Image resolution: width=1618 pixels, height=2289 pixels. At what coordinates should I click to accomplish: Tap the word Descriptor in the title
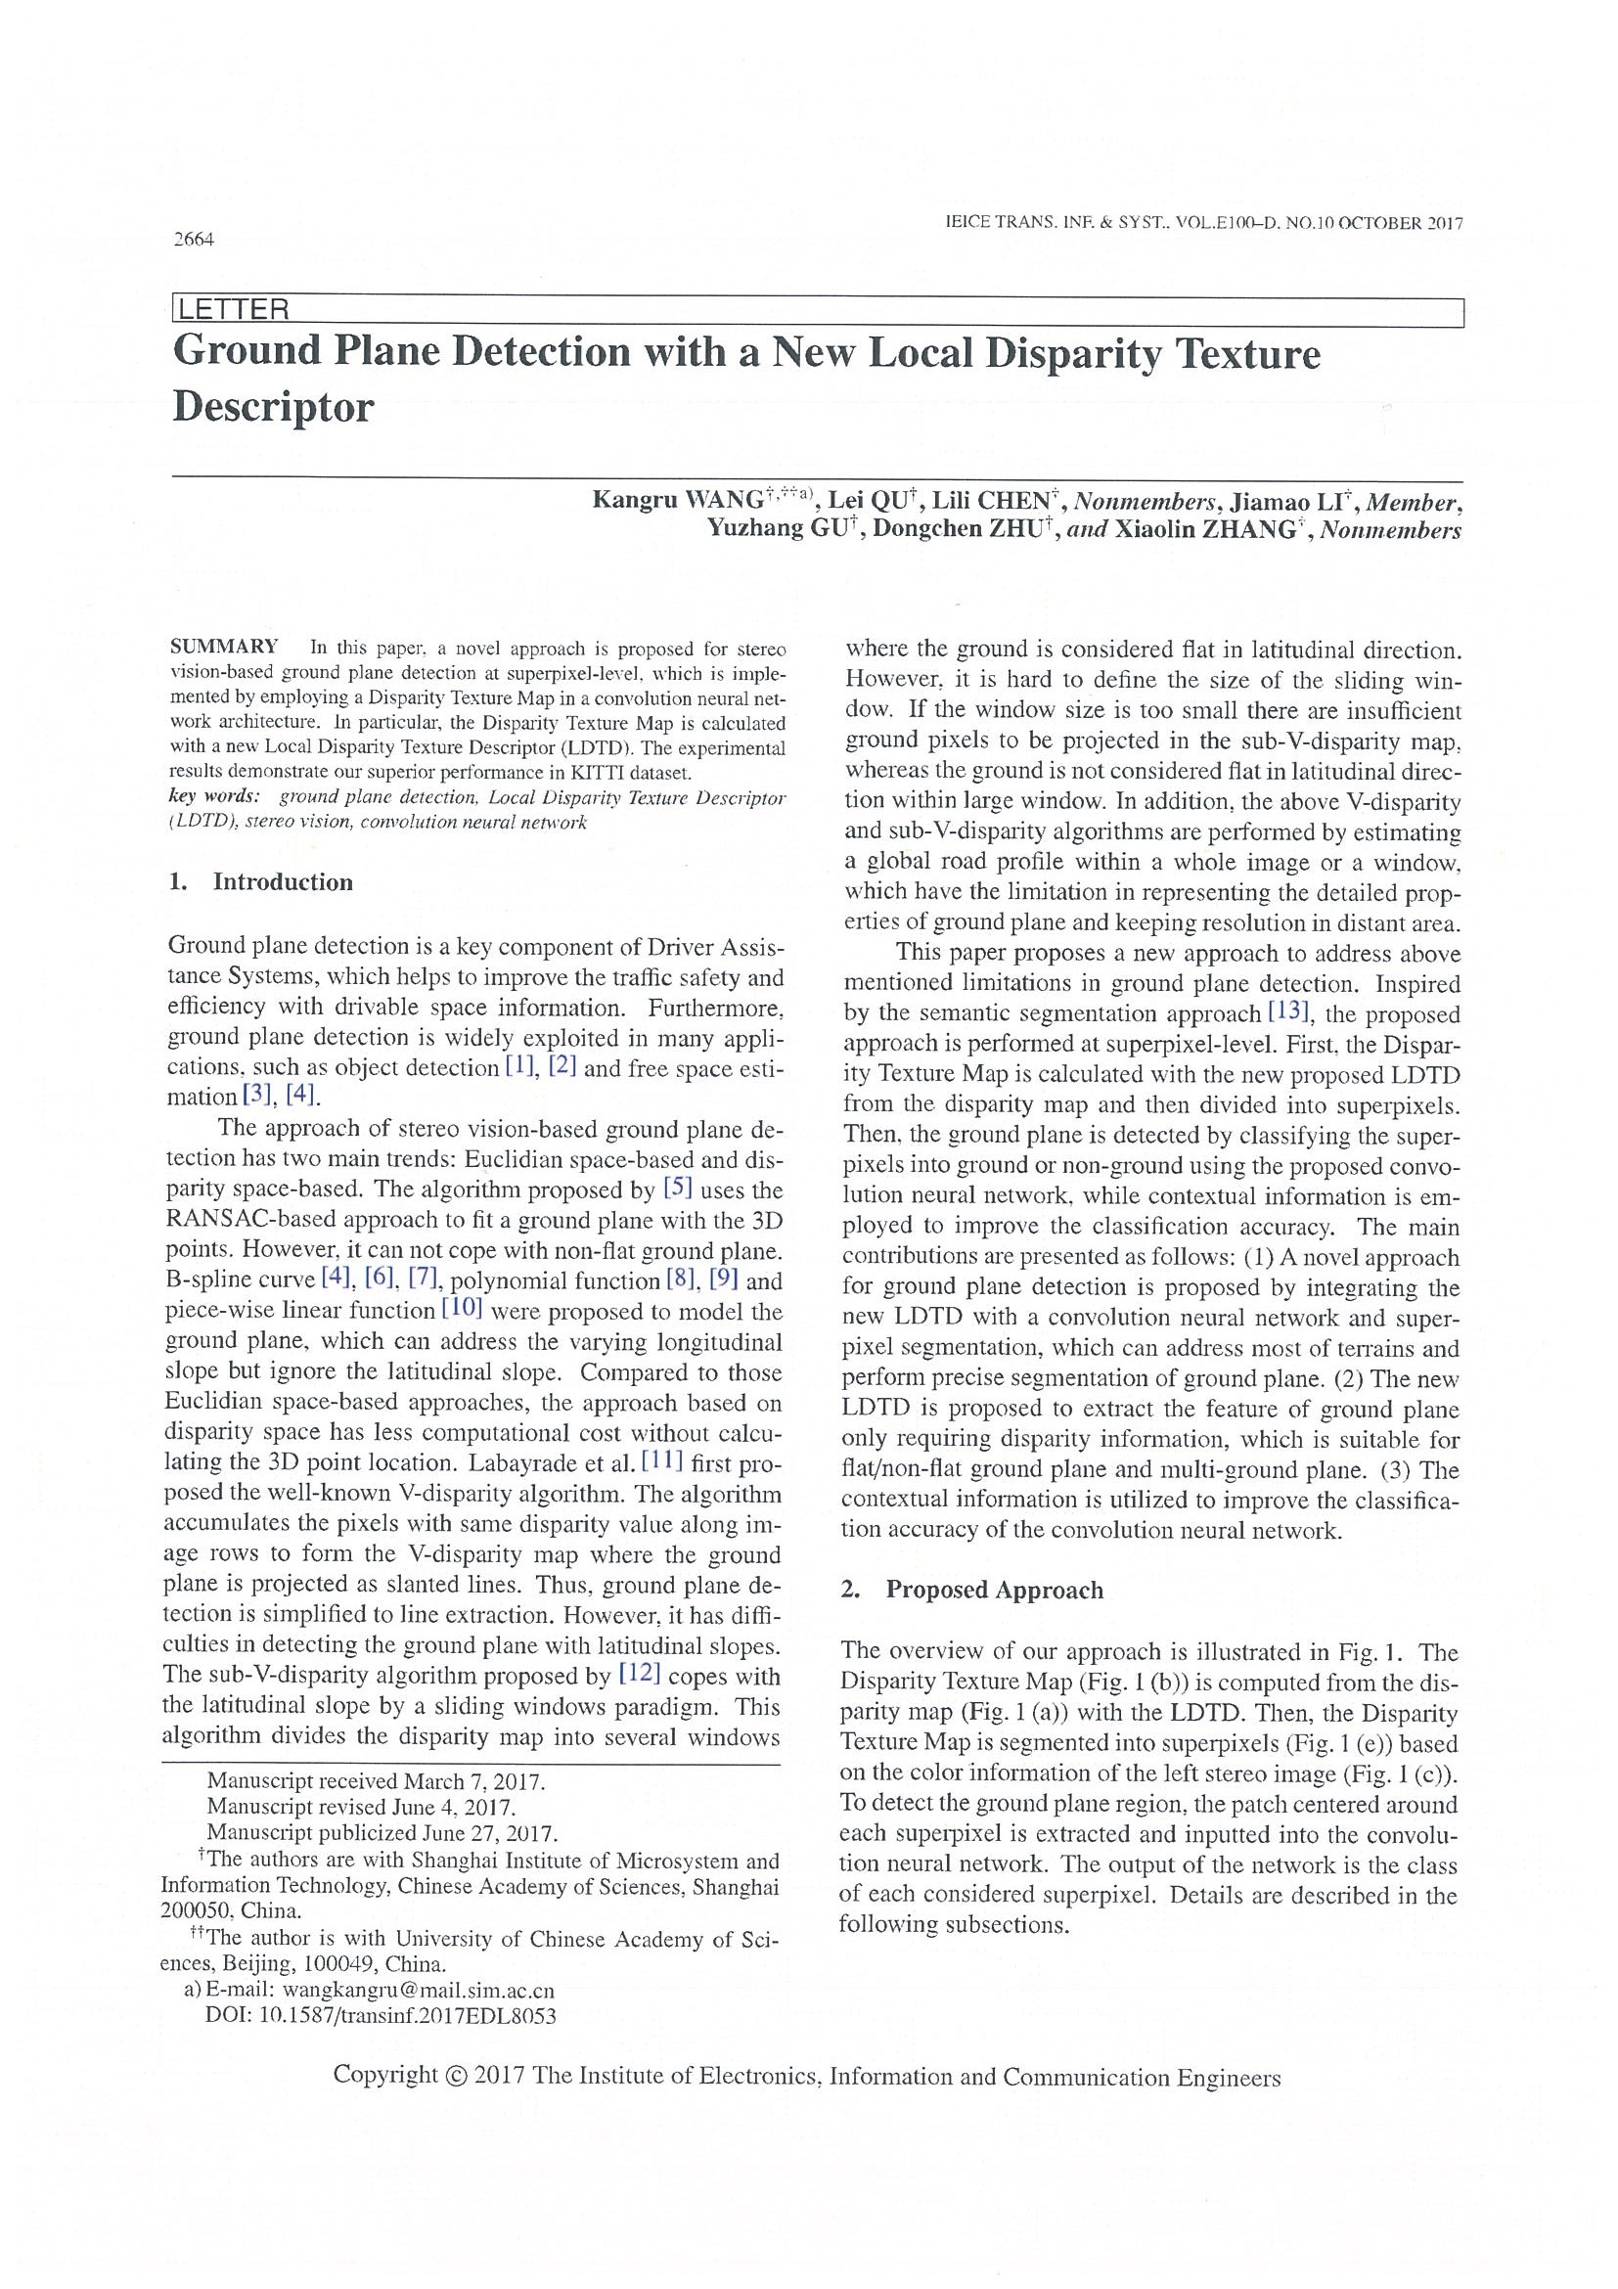coord(273,407)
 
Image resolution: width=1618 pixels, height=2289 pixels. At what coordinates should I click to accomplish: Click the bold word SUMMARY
coord(224,646)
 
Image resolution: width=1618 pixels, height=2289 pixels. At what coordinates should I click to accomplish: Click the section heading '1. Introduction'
coord(261,882)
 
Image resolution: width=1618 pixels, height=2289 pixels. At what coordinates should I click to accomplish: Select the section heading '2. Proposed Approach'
coord(973,1591)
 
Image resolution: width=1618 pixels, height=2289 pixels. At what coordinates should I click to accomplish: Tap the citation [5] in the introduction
coord(677,1190)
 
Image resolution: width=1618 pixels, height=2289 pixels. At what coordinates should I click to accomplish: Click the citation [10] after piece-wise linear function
coord(462,1310)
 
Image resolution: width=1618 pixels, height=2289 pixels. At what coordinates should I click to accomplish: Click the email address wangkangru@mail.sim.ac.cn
coord(418,1990)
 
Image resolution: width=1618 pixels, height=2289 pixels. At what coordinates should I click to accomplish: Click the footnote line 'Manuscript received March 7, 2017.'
coord(376,1781)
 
